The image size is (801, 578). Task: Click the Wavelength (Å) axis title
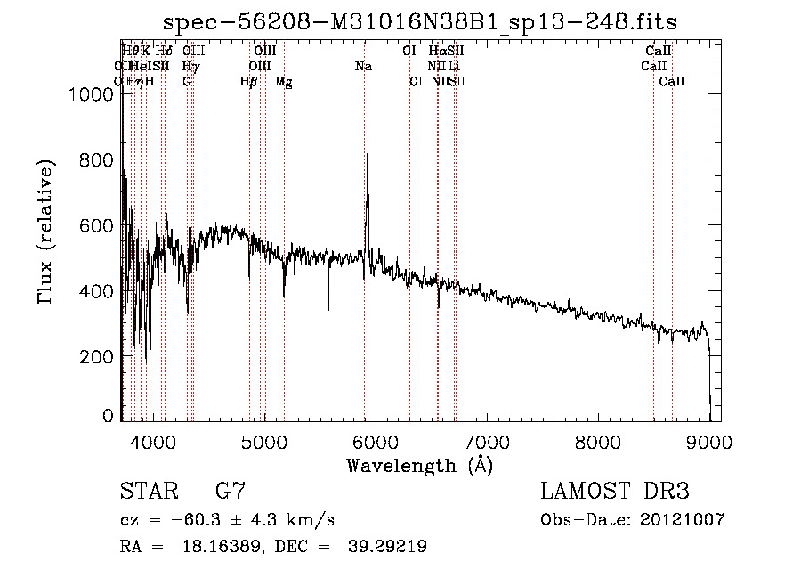pyautogui.click(x=419, y=465)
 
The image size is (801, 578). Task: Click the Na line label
pyautogui.click(x=363, y=67)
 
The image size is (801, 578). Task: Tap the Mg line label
pyautogui.click(x=283, y=82)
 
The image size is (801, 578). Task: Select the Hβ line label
pyautogui.click(x=248, y=82)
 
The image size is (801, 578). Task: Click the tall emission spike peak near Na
pyautogui.click(x=367, y=145)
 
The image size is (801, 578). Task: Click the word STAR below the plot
pyautogui.click(x=148, y=492)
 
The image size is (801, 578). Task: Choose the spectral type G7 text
pyautogui.click(x=230, y=492)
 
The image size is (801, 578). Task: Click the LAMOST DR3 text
pyautogui.click(x=614, y=492)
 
